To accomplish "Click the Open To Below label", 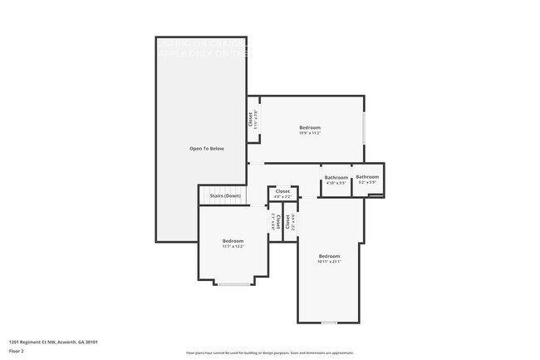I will tap(207, 149).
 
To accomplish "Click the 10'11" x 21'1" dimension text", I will tap(329, 262).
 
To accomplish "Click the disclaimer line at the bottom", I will tap(270, 353).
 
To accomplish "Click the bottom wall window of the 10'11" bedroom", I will tap(330, 323).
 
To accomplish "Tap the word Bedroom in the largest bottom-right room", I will tap(329, 256).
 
